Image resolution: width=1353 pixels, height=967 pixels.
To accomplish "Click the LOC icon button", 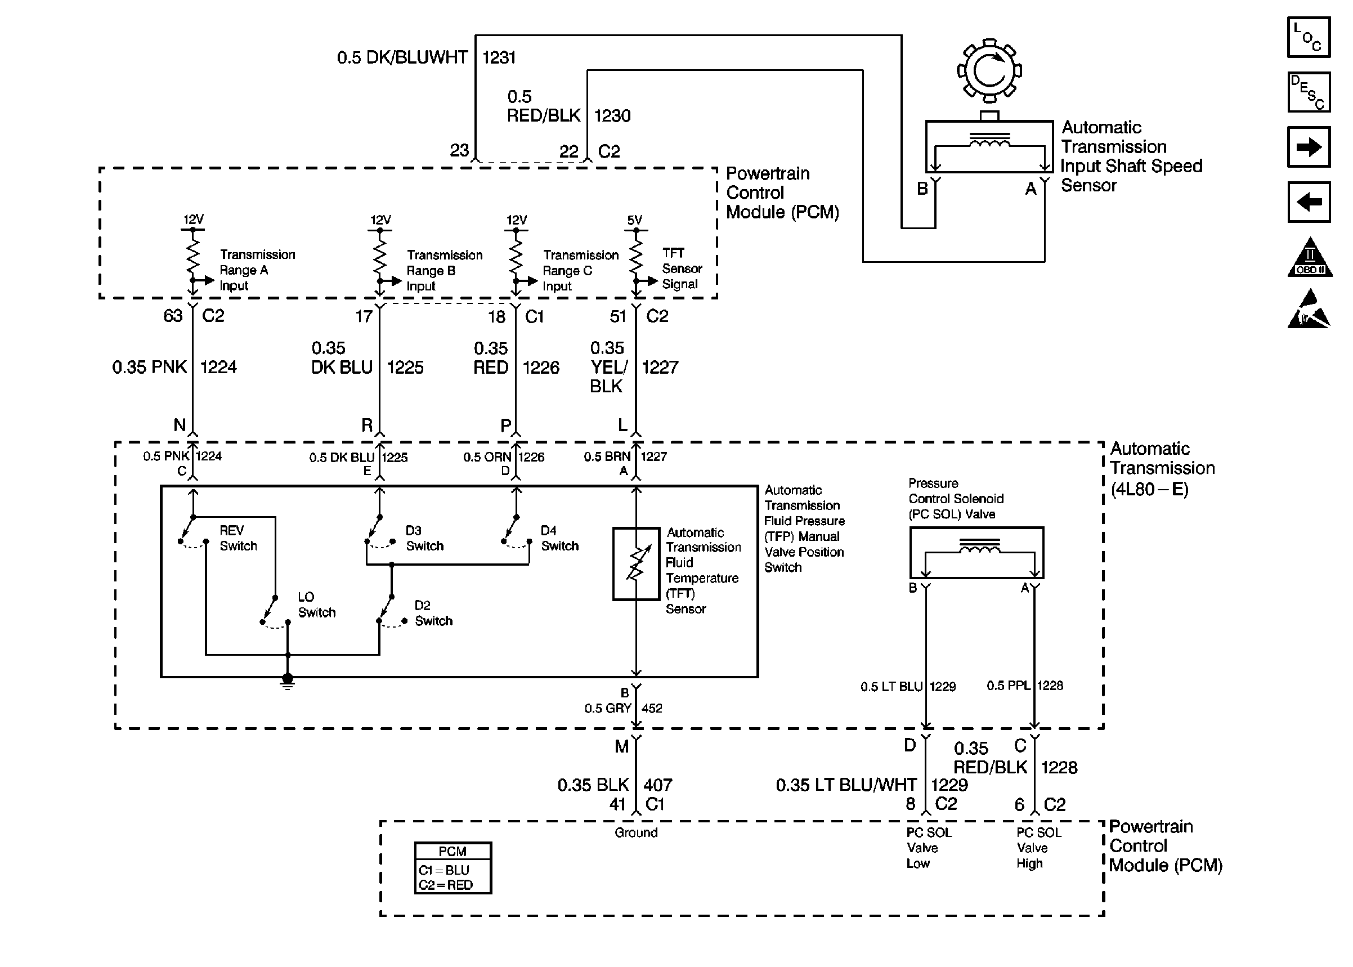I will (1309, 38).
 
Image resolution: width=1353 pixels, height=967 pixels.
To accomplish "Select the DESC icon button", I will (1309, 92).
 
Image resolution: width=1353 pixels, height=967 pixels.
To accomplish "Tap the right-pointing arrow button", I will (1309, 146).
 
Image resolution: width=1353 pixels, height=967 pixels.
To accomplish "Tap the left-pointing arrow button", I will (1309, 202).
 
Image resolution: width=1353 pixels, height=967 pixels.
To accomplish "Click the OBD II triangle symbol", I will (1310, 258).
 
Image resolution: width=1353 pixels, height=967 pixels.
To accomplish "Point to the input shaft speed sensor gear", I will (989, 71).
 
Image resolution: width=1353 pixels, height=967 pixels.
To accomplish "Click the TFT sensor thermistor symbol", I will (636, 563).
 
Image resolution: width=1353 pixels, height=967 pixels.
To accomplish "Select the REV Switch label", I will (238, 538).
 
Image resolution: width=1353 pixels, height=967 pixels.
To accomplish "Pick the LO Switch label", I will (316, 605).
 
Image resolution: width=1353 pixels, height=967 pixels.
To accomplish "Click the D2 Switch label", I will (433, 614).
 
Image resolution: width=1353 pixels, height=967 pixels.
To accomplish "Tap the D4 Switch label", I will (559, 538).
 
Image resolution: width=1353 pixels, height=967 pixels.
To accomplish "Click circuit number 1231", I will (499, 58).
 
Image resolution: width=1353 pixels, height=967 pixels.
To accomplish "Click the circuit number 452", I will (652, 709).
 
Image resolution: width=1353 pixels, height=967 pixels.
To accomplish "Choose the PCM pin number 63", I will (173, 316).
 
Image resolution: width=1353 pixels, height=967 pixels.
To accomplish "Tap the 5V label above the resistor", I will (634, 220).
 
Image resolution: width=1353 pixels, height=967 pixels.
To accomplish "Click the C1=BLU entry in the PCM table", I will (444, 870).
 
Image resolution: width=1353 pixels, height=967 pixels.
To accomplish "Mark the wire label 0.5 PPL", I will (1009, 686).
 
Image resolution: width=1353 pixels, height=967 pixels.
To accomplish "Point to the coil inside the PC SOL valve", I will (979, 549).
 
